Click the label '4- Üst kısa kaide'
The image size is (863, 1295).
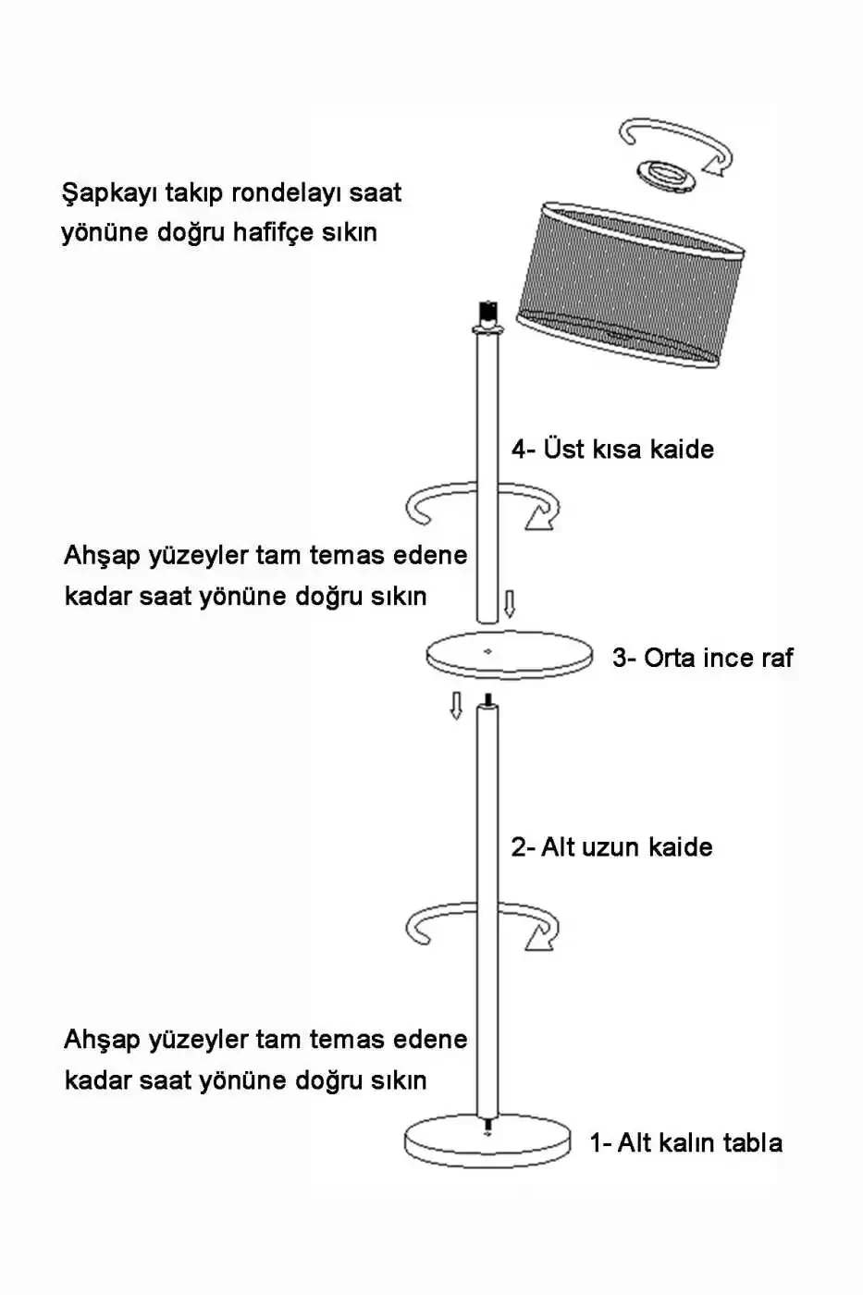point(612,449)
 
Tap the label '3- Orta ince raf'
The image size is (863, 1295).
point(702,658)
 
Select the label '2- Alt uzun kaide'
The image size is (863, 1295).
point(611,847)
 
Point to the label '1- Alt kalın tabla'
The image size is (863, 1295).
point(685,1142)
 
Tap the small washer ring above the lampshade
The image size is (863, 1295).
point(667,176)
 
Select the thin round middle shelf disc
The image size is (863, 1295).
point(510,654)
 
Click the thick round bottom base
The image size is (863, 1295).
point(487,1143)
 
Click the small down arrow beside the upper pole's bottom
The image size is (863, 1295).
point(510,604)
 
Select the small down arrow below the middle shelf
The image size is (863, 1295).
point(457,705)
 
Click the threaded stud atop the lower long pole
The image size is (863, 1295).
point(488,700)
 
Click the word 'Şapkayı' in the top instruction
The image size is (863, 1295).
point(109,193)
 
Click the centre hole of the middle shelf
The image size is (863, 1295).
point(487,651)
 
